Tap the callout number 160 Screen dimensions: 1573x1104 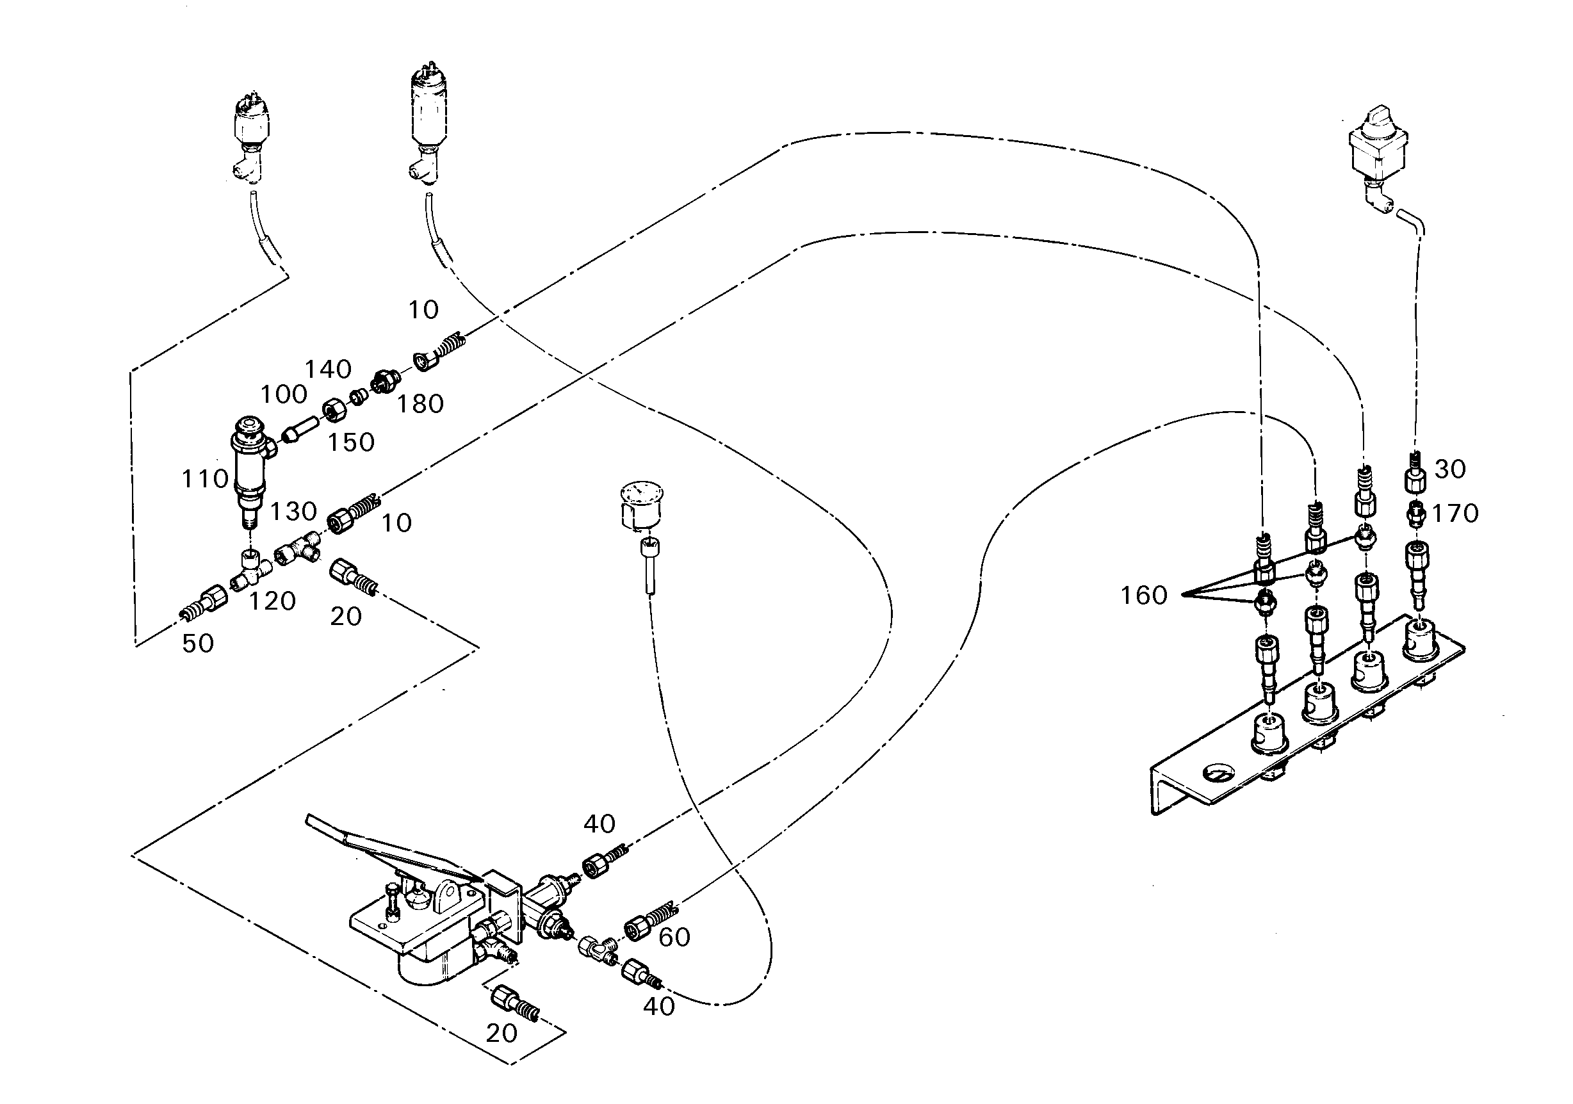(x=1143, y=595)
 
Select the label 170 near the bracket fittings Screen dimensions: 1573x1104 (x=1455, y=513)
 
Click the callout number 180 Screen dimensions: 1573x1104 (x=421, y=404)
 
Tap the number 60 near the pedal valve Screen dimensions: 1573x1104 (x=674, y=937)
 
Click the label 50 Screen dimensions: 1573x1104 (x=197, y=643)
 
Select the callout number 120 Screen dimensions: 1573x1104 (x=272, y=601)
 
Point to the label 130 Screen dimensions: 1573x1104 (x=293, y=511)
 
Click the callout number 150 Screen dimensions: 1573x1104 (x=351, y=442)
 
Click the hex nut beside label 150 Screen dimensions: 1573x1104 (x=334, y=411)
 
